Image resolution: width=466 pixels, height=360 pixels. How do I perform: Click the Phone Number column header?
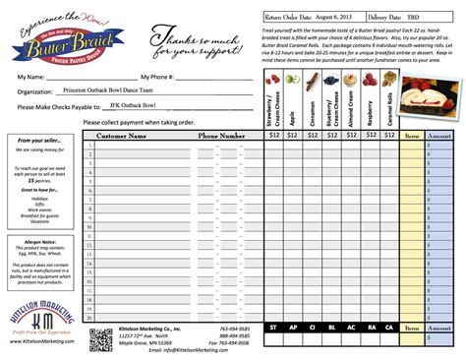(222, 135)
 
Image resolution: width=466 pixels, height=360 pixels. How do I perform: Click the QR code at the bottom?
(100, 339)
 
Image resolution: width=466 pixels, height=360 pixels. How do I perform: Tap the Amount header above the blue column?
(439, 135)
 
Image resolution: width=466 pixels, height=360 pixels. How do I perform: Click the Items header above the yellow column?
(412, 135)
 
